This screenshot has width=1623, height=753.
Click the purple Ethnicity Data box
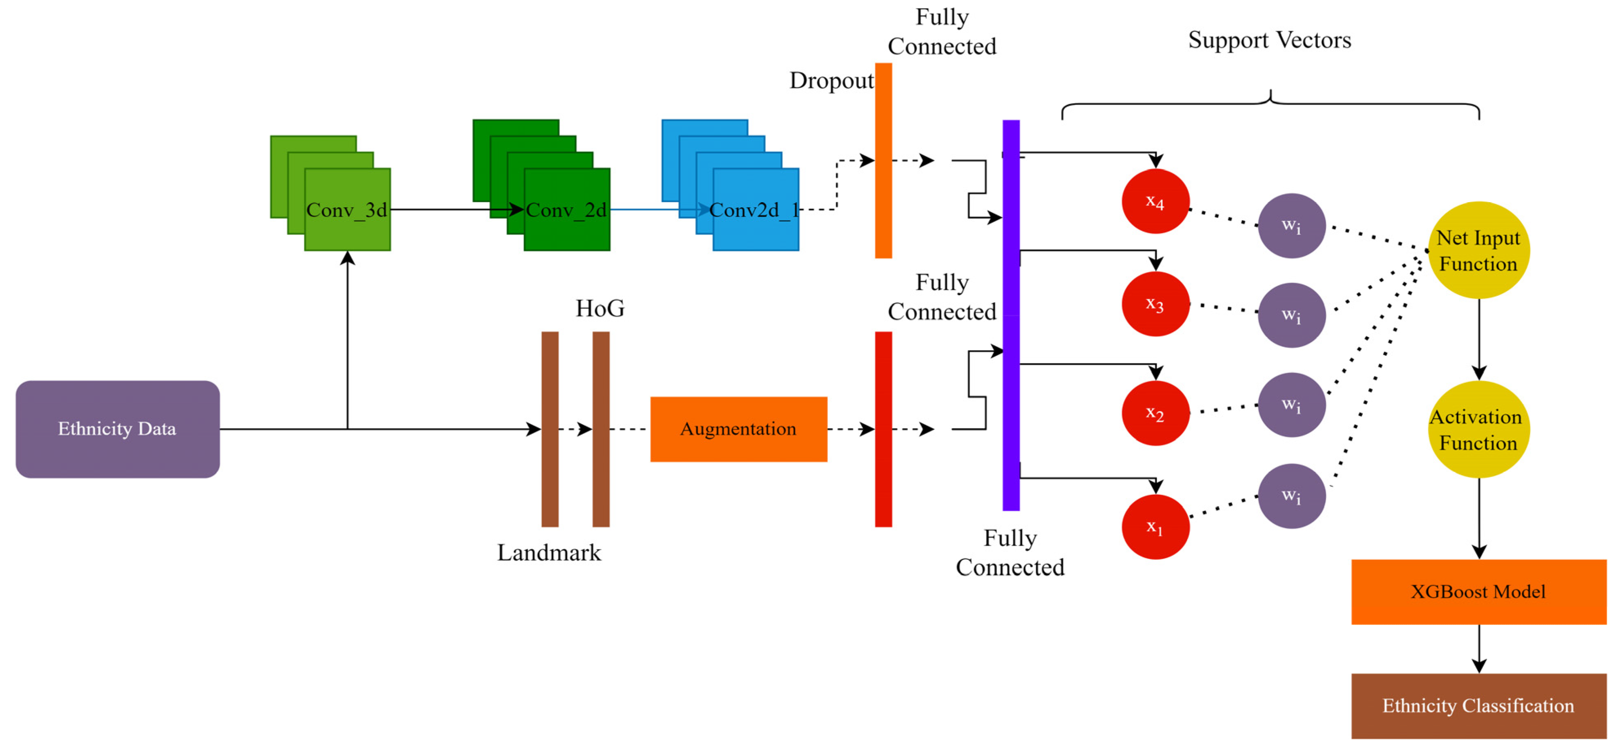[117, 429]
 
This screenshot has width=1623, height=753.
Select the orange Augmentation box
[738, 429]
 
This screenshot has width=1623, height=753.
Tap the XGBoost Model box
[1478, 591]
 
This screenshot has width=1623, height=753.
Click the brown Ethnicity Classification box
[1478, 705]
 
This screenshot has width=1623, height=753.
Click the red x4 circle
[1155, 201]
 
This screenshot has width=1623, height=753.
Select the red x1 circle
[1155, 526]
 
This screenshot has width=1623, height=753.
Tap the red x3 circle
[1155, 304]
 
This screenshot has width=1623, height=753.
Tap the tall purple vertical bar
[1010, 315]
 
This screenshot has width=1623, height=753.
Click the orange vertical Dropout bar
[883, 160]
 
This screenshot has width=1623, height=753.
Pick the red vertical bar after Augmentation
[883, 429]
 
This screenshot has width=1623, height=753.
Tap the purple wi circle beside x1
[1291, 496]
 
